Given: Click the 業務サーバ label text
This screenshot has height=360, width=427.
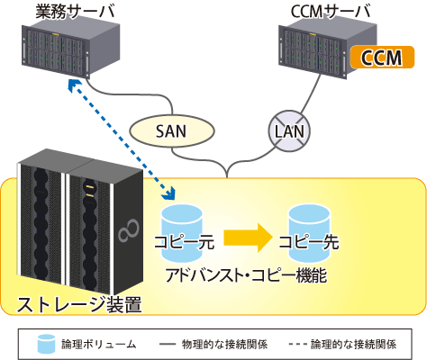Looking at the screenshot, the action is tap(75, 12).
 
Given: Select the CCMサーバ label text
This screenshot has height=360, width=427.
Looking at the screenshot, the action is tap(331, 12).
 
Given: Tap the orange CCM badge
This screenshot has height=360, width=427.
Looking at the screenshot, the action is tap(382, 57).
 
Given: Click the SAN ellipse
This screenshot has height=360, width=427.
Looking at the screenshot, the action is tap(172, 131).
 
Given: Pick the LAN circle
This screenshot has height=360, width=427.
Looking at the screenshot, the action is tap(289, 131).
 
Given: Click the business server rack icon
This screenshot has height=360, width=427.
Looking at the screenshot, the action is tap(71, 50).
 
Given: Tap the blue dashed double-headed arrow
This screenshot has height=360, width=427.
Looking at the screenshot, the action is tap(121, 139).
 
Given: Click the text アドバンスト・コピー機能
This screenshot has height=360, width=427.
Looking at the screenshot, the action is tap(246, 275).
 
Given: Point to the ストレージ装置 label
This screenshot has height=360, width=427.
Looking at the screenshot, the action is tap(78, 305).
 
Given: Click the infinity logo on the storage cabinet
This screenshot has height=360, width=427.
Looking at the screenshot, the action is tap(129, 230).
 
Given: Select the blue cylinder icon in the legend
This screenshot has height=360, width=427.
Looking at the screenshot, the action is tap(46, 344).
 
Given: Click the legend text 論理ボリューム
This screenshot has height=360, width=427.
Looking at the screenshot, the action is tap(99, 344).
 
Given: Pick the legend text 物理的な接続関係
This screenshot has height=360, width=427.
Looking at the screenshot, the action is tap(224, 344).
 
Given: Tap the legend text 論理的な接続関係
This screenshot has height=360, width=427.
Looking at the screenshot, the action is tap(353, 344).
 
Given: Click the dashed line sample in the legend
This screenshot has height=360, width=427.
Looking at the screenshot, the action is tap(298, 344).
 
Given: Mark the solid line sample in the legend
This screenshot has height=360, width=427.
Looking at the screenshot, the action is tap(168, 345).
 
